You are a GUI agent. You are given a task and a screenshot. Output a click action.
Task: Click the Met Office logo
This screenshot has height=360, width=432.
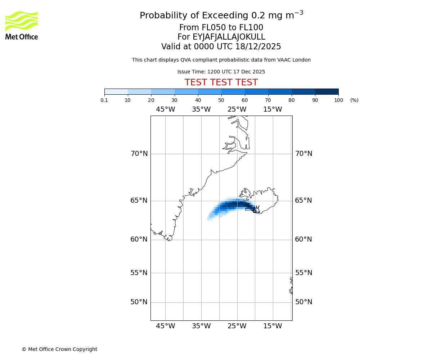pos(22,25)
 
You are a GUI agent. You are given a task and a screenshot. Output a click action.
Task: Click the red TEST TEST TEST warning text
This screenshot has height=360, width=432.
pos(221,83)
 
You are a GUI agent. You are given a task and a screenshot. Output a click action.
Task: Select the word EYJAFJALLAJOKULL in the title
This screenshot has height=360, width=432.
pos(229,37)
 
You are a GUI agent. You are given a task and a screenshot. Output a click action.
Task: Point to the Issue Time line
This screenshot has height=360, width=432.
pos(221,72)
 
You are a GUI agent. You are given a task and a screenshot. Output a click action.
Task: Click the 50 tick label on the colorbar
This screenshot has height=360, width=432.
pos(221,100)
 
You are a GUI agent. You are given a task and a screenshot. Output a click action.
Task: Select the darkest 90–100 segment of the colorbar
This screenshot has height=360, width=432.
pos(327,91)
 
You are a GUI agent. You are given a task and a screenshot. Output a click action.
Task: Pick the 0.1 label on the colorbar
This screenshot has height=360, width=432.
pos(104,100)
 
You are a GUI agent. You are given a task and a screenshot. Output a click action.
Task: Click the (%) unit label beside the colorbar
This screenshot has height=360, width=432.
pos(354,100)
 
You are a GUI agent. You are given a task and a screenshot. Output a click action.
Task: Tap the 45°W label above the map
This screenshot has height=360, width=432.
pos(165,109)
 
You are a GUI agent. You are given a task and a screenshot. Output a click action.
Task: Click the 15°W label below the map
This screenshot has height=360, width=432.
pos(273,326)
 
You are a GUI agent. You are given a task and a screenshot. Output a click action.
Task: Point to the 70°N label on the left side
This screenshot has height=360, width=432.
pos(139,154)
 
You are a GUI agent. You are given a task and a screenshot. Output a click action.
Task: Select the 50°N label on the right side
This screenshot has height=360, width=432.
pos(303,302)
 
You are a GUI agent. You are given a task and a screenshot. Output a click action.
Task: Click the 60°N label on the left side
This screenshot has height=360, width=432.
pos(139,239)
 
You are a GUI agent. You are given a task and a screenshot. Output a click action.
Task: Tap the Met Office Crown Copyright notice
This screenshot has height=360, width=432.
pos(59,350)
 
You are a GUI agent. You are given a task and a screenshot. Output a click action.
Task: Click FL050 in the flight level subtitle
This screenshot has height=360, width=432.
pos(208,28)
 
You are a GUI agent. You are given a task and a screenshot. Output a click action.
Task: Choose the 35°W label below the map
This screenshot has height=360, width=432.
pos(201,326)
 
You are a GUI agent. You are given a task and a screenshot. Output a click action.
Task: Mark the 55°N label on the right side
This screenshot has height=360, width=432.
pos(303,273)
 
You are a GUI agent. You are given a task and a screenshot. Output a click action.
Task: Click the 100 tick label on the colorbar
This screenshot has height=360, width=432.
pos(338,100)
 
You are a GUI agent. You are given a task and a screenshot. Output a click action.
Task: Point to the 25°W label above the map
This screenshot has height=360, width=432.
pos(237,109)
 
